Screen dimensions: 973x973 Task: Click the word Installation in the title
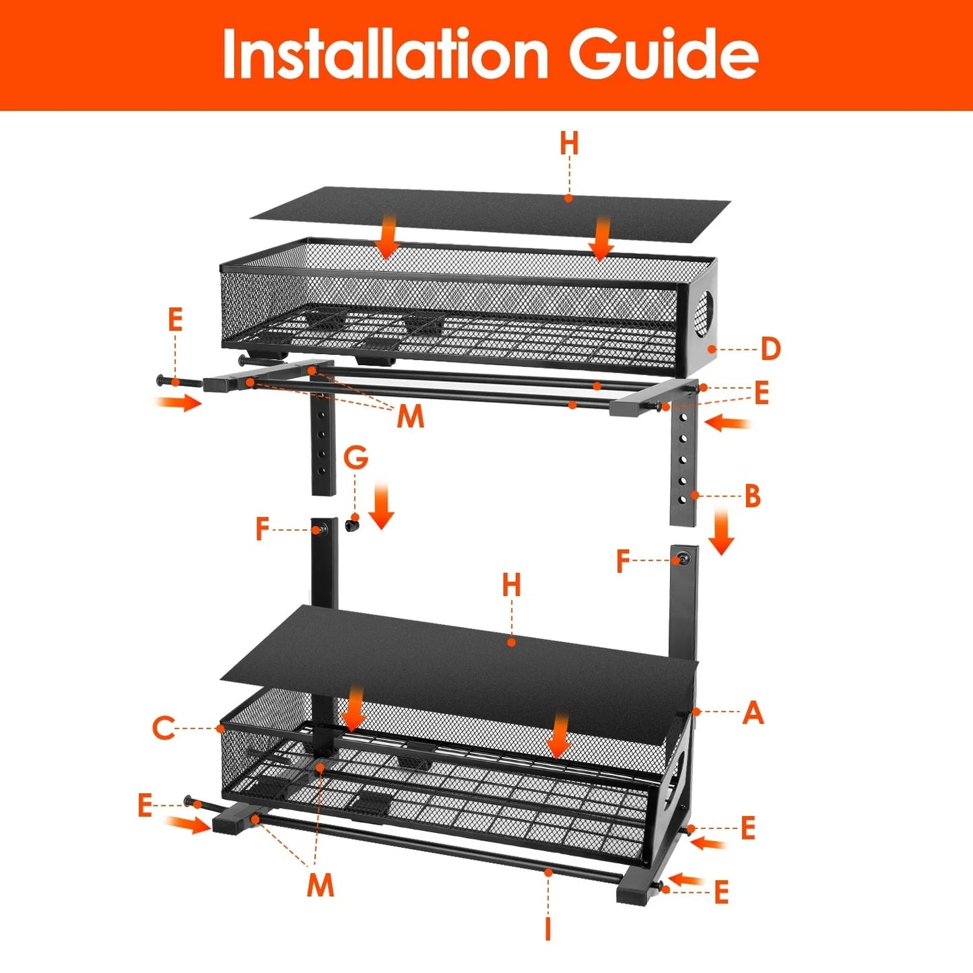[x=384, y=54]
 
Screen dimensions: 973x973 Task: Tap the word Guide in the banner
[x=663, y=54]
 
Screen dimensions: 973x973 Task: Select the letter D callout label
[x=770, y=349]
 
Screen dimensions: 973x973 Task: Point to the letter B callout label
[x=752, y=497]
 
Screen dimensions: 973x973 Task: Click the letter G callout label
[x=356, y=458]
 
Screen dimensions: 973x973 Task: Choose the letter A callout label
[x=753, y=712]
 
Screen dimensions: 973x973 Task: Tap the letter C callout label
[x=163, y=728]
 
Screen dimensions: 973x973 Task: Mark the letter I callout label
[x=548, y=929]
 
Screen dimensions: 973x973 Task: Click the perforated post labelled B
[x=683, y=465]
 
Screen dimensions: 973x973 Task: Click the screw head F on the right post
[x=683, y=559]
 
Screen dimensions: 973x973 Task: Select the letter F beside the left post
[x=263, y=530]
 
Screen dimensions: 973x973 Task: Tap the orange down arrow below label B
[x=721, y=532]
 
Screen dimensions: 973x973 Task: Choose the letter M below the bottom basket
[x=321, y=884]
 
